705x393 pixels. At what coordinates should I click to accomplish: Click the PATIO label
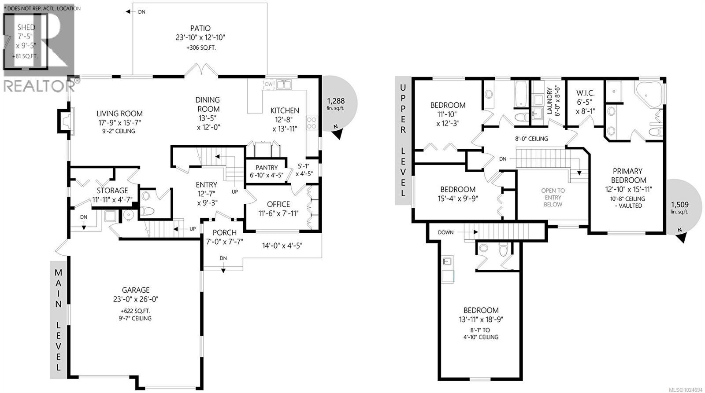(200, 28)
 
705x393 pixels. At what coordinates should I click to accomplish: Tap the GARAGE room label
(136, 290)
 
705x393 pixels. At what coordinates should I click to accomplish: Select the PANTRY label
(266, 168)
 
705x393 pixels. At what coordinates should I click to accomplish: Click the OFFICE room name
(278, 204)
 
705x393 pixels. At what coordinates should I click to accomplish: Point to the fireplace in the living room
(64, 121)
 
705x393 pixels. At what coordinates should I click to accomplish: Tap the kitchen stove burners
(312, 122)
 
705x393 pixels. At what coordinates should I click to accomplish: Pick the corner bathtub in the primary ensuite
(649, 94)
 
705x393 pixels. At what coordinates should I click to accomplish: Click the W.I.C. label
(585, 93)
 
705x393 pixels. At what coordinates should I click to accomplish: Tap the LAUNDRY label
(549, 101)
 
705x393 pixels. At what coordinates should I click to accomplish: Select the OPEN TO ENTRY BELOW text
(553, 197)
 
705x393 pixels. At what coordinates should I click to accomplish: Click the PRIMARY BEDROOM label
(628, 176)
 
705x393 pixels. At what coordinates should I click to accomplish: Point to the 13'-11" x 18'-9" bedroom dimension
(481, 320)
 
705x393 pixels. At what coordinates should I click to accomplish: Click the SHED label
(26, 27)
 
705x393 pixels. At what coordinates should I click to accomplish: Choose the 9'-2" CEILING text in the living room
(119, 131)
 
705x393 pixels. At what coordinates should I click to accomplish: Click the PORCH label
(225, 232)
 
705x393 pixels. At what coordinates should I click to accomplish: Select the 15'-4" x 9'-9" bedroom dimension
(457, 198)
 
